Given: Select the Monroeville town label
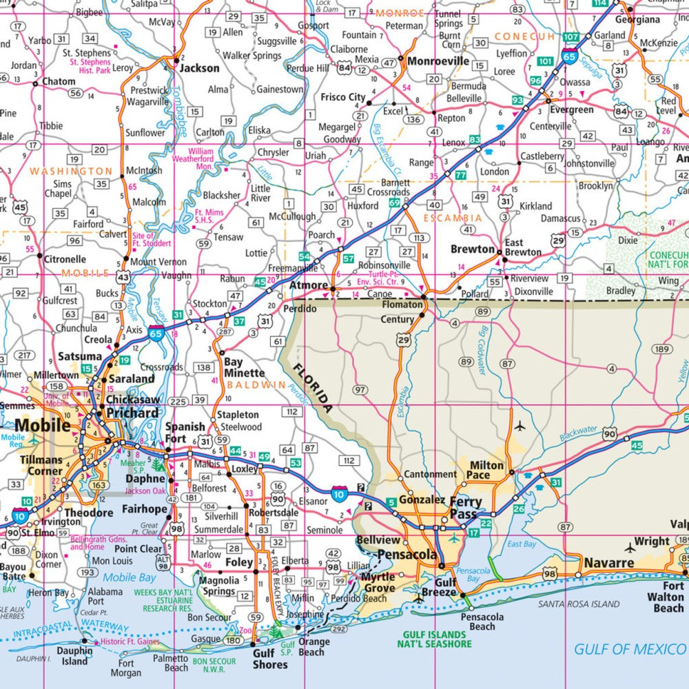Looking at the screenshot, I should pyautogui.click(x=438, y=61).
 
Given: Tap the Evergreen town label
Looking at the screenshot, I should pyautogui.click(x=571, y=110).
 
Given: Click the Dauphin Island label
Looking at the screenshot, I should pyautogui.click(x=74, y=656).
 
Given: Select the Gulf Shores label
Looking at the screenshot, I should pyautogui.click(x=269, y=659).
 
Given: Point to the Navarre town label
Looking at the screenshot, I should pyautogui.click(x=609, y=563).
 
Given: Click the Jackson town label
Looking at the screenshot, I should pyautogui.click(x=199, y=68).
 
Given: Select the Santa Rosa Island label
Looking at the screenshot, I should pyautogui.click(x=579, y=604).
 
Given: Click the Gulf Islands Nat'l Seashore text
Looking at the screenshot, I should pyautogui.click(x=434, y=639).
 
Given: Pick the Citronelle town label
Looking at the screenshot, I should pyautogui.click(x=65, y=260).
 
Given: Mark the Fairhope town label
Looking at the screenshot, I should pyautogui.click(x=144, y=510).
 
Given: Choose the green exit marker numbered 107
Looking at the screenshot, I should pyautogui.click(x=570, y=36).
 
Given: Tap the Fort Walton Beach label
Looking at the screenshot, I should pyautogui.click(x=668, y=597).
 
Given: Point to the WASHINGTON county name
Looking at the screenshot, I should pyautogui.click(x=71, y=171).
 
